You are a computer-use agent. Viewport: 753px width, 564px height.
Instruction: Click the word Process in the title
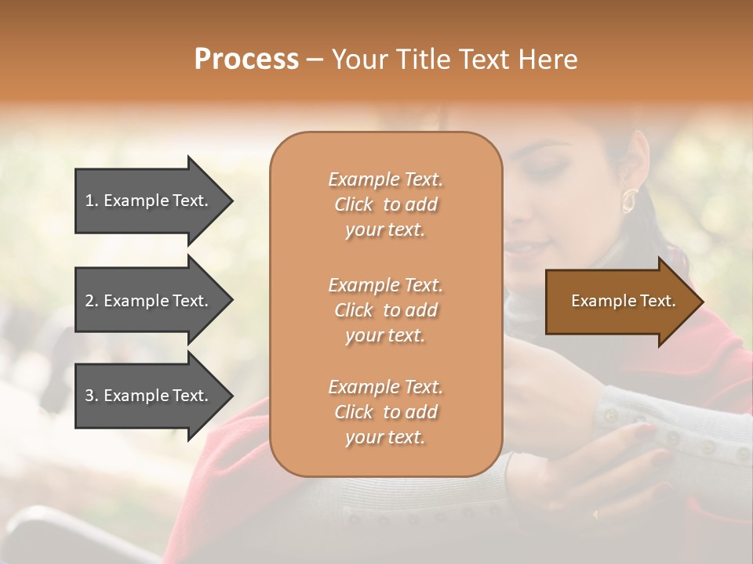coord(246,59)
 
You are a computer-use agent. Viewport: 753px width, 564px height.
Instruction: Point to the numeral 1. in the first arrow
coord(91,201)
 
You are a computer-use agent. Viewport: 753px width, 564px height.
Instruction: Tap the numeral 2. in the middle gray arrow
coord(91,301)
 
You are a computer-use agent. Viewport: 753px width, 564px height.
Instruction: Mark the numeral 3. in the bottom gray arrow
coord(91,396)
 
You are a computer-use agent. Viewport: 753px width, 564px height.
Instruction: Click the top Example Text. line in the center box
coord(385,179)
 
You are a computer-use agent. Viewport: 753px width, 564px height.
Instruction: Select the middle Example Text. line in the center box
coord(385,284)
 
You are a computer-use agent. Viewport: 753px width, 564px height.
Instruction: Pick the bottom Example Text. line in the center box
coord(385,387)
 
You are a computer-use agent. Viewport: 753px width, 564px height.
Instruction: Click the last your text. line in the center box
coord(385,438)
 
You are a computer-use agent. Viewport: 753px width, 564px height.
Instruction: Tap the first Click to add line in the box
coord(385,204)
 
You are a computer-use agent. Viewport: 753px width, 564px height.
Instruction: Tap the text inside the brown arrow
coord(624,301)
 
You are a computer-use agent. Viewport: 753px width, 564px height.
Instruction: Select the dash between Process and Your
coord(315,60)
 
